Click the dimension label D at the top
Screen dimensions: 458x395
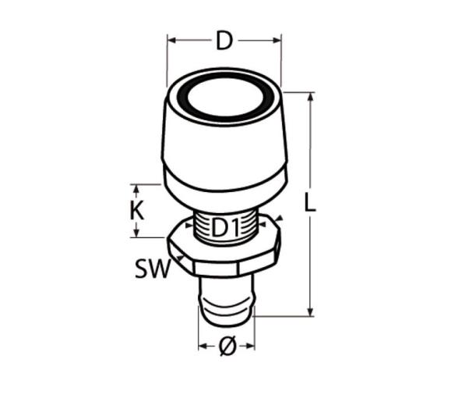[x=224, y=41]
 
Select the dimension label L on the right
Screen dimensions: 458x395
[x=310, y=202]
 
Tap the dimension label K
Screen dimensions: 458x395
[x=137, y=211]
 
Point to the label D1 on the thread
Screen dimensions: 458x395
[x=225, y=227]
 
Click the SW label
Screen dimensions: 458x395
[x=152, y=269]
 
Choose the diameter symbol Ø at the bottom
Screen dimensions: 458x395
[x=227, y=347]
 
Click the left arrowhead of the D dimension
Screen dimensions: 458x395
[x=171, y=41]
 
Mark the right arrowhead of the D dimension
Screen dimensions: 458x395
[x=277, y=41]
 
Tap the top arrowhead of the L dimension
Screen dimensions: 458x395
[x=311, y=97]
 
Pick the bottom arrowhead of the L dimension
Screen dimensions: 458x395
[x=311, y=311]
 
